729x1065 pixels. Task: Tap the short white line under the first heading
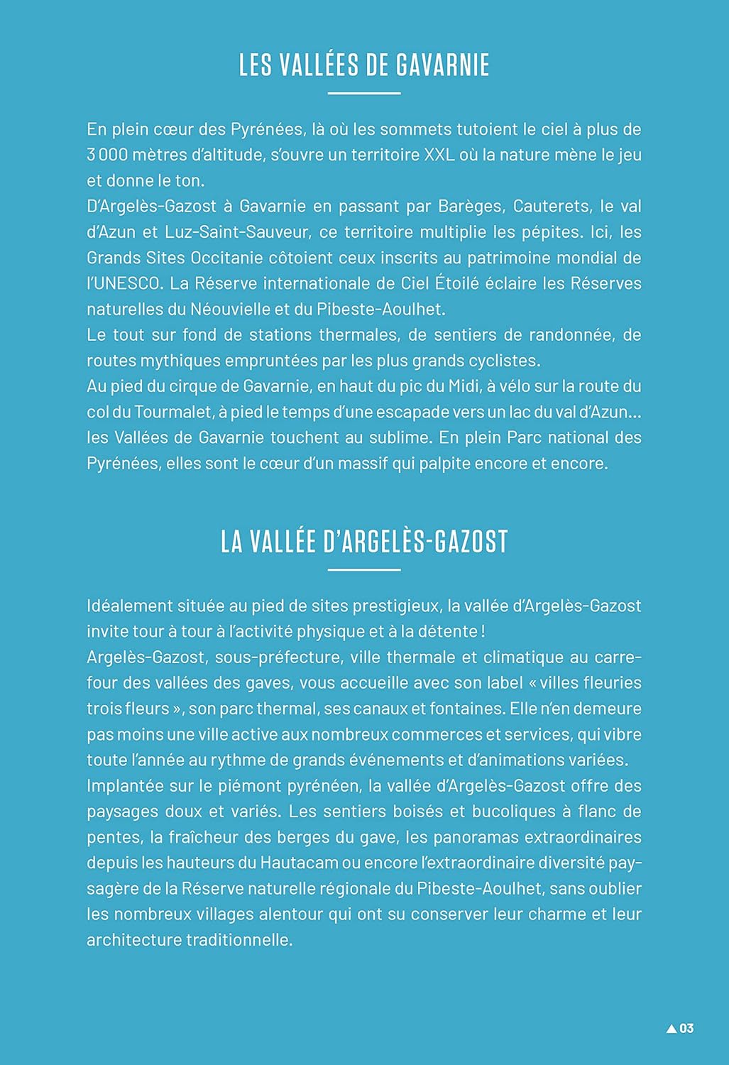click(x=364, y=93)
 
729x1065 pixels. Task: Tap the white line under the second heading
click(x=364, y=569)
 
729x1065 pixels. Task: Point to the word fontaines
click(x=540, y=709)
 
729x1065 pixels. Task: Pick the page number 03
click(x=686, y=1028)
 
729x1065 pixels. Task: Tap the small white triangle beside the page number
click(x=672, y=1028)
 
